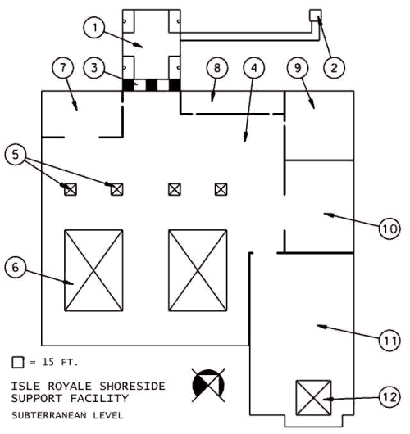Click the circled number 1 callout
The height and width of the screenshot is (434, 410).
click(94, 28)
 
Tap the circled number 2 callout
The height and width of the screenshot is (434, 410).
click(335, 68)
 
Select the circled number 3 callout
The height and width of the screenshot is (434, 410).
click(94, 68)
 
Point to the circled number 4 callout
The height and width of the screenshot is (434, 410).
click(254, 68)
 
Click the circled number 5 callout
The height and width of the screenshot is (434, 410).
click(16, 154)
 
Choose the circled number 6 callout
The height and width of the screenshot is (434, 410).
click(16, 268)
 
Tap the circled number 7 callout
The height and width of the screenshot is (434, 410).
click(63, 68)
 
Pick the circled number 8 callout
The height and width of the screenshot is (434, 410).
click(217, 68)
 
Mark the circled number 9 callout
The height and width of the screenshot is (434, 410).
click(298, 68)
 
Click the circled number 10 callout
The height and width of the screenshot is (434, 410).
click(389, 228)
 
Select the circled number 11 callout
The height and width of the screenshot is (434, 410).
click(389, 341)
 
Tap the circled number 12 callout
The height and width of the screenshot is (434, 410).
click(389, 397)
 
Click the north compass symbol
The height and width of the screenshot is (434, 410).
click(208, 386)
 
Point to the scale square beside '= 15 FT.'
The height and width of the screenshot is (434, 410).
click(18, 362)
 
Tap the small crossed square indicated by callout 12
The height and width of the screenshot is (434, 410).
click(313, 398)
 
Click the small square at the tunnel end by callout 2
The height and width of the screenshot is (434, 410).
click(316, 16)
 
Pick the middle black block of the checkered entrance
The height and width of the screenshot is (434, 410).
click(152, 84)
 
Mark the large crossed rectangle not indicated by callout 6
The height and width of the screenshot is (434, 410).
click(198, 270)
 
